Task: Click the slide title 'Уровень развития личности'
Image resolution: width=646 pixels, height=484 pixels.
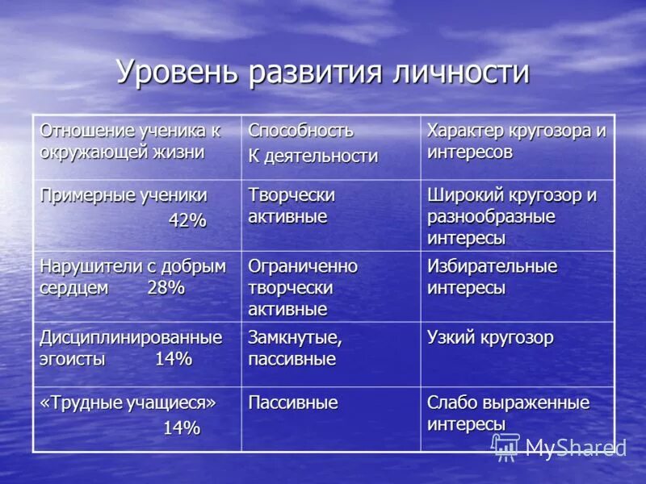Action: pos(323,73)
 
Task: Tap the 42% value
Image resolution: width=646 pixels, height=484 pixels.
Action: pos(187,220)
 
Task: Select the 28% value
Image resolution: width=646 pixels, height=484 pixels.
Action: pos(166,288)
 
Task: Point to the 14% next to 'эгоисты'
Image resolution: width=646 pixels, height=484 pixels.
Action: pos(173,359)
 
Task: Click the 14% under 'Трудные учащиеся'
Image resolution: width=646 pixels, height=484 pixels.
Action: pos(182,428)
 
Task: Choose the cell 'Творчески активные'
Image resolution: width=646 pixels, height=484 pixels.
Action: pos(292,206)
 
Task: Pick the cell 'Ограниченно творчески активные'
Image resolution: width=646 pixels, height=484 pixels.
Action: pos(303,287)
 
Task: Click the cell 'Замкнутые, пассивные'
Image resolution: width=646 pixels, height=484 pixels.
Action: pos(295,348)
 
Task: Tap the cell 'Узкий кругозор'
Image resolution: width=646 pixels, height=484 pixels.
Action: pos(490,338)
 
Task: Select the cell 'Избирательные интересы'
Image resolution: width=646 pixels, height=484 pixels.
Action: pos(492,277)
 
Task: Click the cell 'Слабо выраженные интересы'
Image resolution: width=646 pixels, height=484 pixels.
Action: pos(508,412)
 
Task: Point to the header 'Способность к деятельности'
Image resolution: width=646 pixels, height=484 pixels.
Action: pos(313,143)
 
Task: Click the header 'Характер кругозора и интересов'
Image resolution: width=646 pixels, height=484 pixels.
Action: pos(516,141)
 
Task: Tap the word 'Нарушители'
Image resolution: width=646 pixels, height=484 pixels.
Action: pos(86,266)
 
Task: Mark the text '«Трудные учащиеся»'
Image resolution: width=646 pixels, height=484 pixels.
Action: pos(128,403)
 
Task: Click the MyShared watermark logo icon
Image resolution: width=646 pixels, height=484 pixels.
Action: pos(506,447)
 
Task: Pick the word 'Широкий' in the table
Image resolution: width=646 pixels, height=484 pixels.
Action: pos(465,195)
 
